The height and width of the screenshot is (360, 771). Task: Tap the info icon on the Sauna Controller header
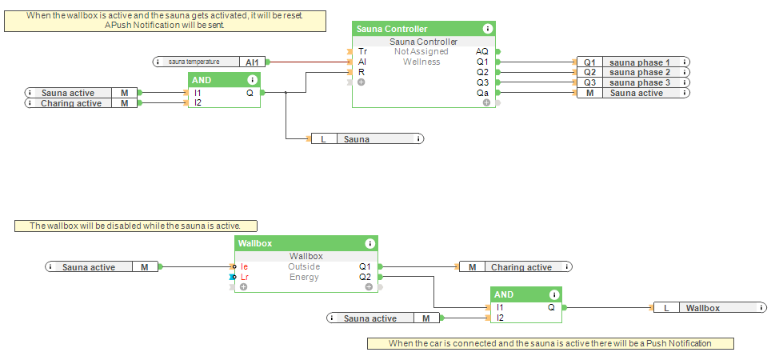point(488,29)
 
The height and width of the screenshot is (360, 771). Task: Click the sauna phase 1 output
point(632,62)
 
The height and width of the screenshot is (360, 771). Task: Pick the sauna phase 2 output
point(632,72)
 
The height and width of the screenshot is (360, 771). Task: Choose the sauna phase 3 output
point(632,82)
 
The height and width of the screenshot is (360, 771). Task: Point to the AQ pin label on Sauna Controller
point(482,51)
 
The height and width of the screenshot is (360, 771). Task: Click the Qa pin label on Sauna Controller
point(482,93)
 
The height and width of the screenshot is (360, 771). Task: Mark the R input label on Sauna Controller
point(362,72)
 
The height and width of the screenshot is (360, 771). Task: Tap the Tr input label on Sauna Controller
point(362,51)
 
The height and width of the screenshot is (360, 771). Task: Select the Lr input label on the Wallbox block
point(245,277)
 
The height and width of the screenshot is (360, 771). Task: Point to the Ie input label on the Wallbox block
point(244,266)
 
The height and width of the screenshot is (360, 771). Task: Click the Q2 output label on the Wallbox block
point(365,277)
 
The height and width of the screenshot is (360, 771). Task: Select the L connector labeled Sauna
point(367,139)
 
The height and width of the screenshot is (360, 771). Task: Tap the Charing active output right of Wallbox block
point(515,267)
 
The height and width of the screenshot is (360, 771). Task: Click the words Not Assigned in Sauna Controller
point(421,51)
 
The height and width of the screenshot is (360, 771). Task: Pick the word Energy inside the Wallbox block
point(304,277)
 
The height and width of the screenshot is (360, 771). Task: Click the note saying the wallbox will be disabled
point(141,226)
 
